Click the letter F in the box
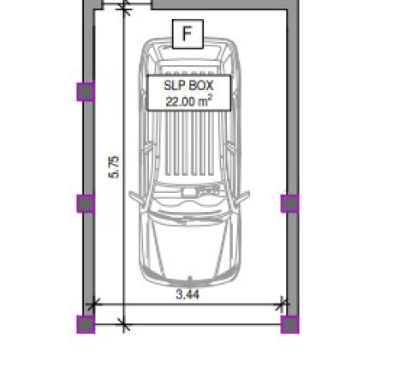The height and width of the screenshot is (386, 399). click(188, 33)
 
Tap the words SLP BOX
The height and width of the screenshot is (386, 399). click(188, 85)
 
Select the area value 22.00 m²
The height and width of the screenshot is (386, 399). click(188, 101)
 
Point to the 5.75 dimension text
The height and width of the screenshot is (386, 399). click(114, 167)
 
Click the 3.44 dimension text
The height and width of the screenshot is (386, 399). click(188, 294)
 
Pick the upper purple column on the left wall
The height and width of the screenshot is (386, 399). click(86, 92)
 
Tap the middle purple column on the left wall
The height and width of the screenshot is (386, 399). click(86, 203)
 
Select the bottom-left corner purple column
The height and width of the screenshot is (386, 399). click(86, 324)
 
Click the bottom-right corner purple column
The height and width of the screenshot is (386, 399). click(290, 324)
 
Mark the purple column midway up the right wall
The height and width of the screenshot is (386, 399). click(290, 203)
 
